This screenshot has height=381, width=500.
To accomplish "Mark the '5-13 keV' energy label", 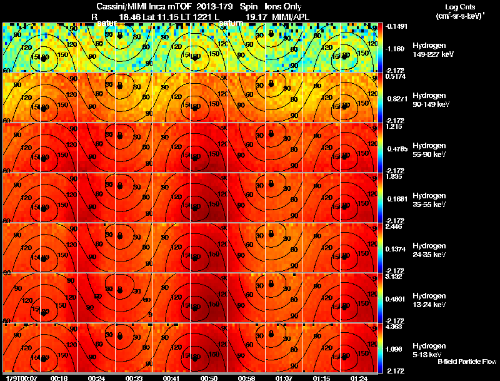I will (x=427, y=354).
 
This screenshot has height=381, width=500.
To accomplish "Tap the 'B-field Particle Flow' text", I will (x=466, y=362).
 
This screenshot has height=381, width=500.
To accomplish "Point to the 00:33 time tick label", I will (x=133, y=378).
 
